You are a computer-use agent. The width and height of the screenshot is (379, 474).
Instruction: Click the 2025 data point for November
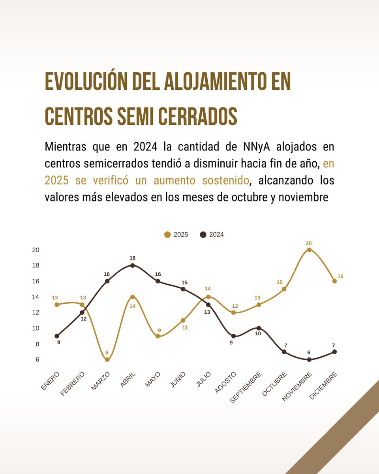[309, 250]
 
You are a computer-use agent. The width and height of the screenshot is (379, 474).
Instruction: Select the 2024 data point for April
[133, 265]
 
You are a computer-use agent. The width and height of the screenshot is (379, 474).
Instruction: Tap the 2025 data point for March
[107, 359]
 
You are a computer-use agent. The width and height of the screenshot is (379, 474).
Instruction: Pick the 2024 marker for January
[57, 336]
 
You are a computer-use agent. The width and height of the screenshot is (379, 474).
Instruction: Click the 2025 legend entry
[176, 235]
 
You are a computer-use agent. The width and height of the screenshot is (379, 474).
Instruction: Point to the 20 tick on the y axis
[36, 250]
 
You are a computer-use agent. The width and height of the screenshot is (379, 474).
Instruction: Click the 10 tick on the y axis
[36, 328]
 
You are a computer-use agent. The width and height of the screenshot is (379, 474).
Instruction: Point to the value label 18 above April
[133, 258]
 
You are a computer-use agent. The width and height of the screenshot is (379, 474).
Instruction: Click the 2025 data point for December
[334, 281]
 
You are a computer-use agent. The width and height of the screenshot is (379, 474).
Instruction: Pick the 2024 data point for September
[259, 328]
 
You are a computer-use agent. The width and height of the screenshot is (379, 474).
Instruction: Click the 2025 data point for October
[284, 289]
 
